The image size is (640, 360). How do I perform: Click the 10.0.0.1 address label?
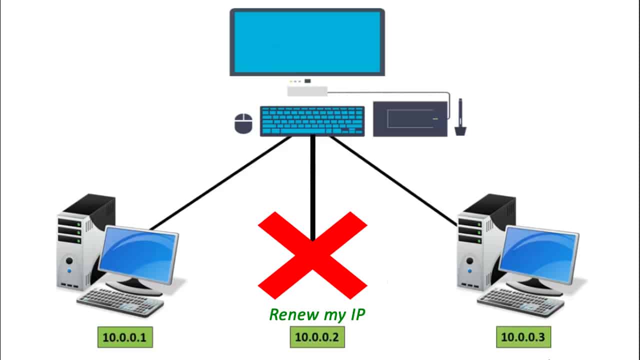point(125,337)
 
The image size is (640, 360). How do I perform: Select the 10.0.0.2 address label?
point(317,337)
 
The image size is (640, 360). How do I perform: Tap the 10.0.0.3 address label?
point(523,337)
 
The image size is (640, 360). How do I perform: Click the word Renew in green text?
point(294,314)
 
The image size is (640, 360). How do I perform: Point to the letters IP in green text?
point(357,314)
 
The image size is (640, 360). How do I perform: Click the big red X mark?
point(312,255)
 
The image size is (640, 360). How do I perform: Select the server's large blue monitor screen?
point(307,42)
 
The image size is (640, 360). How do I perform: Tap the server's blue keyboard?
point(312,121)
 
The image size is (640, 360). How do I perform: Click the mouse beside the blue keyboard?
point(243,123)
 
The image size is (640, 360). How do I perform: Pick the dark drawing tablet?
point(410,119)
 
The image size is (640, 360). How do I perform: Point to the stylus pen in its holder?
point(460,117)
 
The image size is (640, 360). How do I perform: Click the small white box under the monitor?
point(307,91)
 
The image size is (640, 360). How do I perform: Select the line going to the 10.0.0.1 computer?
point(220,183)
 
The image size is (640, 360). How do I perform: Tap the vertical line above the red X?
point(313,187)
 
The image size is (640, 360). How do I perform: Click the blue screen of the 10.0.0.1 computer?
point(138,255)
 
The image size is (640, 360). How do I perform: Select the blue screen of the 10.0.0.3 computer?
point(539,255)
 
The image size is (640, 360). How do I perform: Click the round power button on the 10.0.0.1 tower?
point(69,260)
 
